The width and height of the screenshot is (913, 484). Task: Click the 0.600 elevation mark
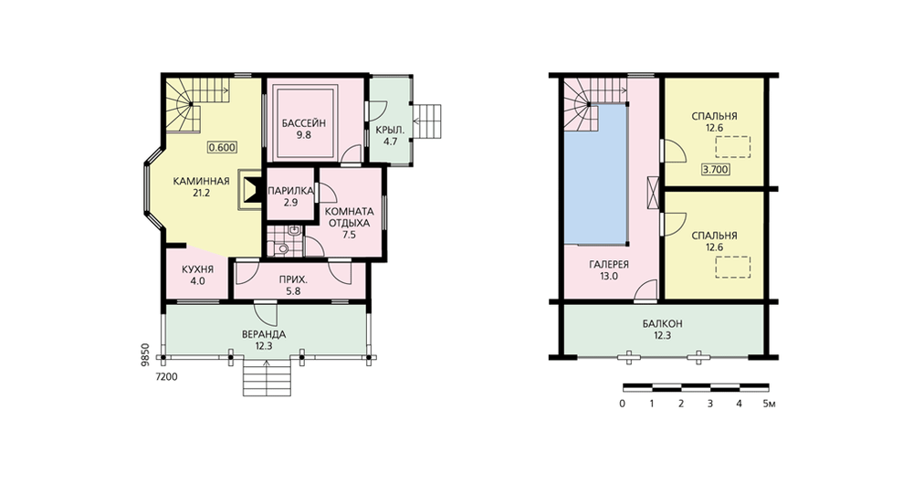pyautogui.click(x=222, y=147)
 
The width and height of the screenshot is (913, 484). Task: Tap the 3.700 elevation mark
pyautogui.click(x=717, y=170)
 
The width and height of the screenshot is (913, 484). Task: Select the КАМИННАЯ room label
pyautogui.click(x=201, y=181)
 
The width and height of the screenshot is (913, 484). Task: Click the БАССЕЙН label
pyautogui.click(x=303, y=123)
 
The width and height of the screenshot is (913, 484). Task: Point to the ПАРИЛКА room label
pyautogui.click(x=290, y=191)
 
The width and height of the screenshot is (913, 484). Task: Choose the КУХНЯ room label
pyautogui.click(x=197, y=269)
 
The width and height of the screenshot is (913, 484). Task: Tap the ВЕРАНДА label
pyautogui.click(x=264, y=334)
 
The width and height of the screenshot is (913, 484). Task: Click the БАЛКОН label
pyautogui.click(x=663, y=324)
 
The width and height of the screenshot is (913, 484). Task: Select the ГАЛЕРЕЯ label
pyautogui.click(x=608, y=265)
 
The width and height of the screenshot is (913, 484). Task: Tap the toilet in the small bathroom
pyautogui.click(x=283, y=249)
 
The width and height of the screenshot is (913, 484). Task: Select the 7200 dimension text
pyautogui.click(x=166, y=377)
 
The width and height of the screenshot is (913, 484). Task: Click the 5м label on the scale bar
pyautogui.click(x=769, y=404)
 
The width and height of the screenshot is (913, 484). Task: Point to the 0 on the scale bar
pyautogui.click(x=623, y=404)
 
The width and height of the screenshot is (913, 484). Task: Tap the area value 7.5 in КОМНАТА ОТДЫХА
pyautogui.click(x=349, y=235)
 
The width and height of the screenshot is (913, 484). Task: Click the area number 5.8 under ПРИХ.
pyautogui.click(x=293, y=291)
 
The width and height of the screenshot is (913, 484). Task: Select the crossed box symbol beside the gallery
pyautogui.click(x=653, y=193)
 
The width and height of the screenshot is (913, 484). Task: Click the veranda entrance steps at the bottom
pyautogui.click(x=267, y=378)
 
